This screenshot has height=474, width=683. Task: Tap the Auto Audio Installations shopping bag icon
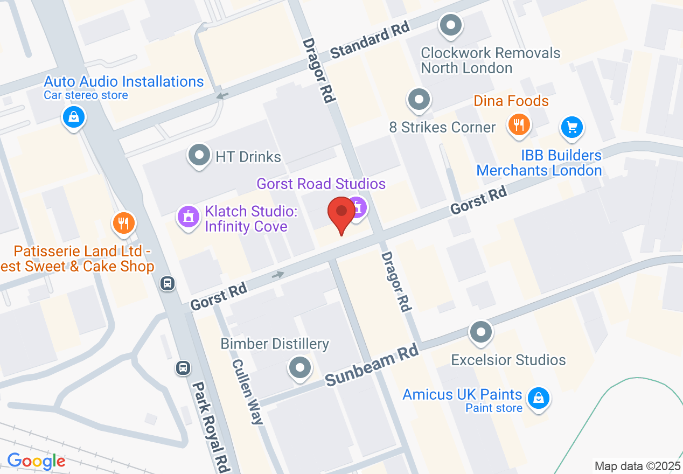[x=73, y=116]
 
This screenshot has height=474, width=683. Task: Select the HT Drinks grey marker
[x=199, y=156]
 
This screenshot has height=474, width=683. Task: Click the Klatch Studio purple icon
[x=188, y=217]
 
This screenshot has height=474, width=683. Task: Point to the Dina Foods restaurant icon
[x=519, y=125]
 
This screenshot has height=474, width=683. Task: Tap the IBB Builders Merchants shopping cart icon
[x=572, y=127]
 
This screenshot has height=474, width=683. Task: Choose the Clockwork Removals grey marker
[x=451, y=25]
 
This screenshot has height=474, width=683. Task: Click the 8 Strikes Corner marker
[x=419, y=99]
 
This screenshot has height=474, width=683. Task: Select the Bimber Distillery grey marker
[x=300, y=368]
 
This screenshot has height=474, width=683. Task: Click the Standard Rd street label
[x=370, y=41]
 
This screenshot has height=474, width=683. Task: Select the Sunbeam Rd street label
[x=372, y=366]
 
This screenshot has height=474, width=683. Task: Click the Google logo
[x=36, y=461]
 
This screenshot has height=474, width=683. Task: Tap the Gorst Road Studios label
[x=321, y=184]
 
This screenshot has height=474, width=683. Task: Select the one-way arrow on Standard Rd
[x=222, y=96]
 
